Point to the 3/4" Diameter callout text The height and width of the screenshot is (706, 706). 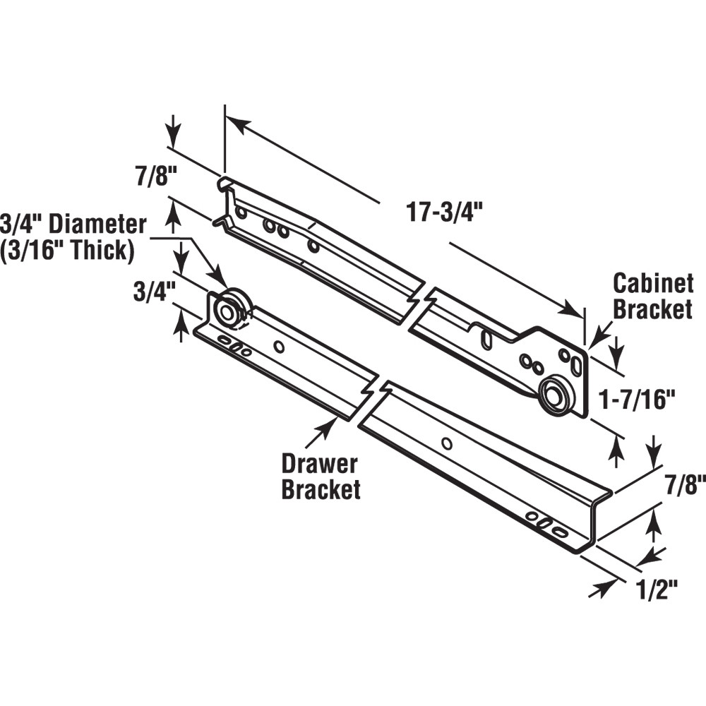[x=74, y=225]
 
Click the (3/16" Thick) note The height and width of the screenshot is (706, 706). [x=68, y=250]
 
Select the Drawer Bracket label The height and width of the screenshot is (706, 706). [x=320, y=477]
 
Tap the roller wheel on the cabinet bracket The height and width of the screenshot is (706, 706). [x=554, y=395]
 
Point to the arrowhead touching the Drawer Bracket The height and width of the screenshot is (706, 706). [x=330, y=424]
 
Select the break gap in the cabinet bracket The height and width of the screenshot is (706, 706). [x=421, y=306]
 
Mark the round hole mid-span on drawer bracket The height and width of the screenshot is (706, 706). [x=446, y=443]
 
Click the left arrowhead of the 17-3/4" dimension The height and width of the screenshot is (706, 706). [x=236, y=124]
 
